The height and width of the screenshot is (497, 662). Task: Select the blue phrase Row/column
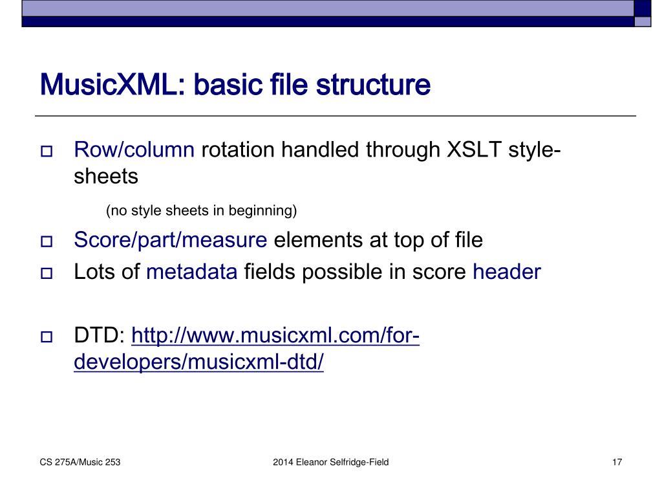pyautogui.click(x=134, y=150)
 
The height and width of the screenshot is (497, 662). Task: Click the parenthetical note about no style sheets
pyautogui.click(x=201, y=210)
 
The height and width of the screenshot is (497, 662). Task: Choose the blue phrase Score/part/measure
pyautogui.click(x=171, y=240)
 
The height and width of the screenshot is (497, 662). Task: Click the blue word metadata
pyautogui.click(x=192, y=272)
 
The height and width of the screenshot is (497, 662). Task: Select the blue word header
pyautogui.click(x=506, y=272)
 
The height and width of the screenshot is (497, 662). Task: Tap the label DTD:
pyautogui.click(x=100, y=337)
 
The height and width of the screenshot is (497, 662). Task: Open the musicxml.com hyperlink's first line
pyautogui.click(x=276, y=337)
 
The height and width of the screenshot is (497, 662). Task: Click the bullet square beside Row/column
pyautogui.click(x=47, y=153)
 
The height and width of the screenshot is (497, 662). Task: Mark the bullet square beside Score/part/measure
pyautogui.click(x=47, y=243)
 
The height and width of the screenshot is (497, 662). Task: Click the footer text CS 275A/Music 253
pyautogui.click(x=80, y=462)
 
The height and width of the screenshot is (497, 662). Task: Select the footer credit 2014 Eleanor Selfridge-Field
pyautogui.click(x=330, y=462)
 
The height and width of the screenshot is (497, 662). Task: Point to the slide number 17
pyautogui.click(x=616, y=462)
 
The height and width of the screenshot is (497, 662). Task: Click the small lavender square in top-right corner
pyautogui.click(x=642, y=22)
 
